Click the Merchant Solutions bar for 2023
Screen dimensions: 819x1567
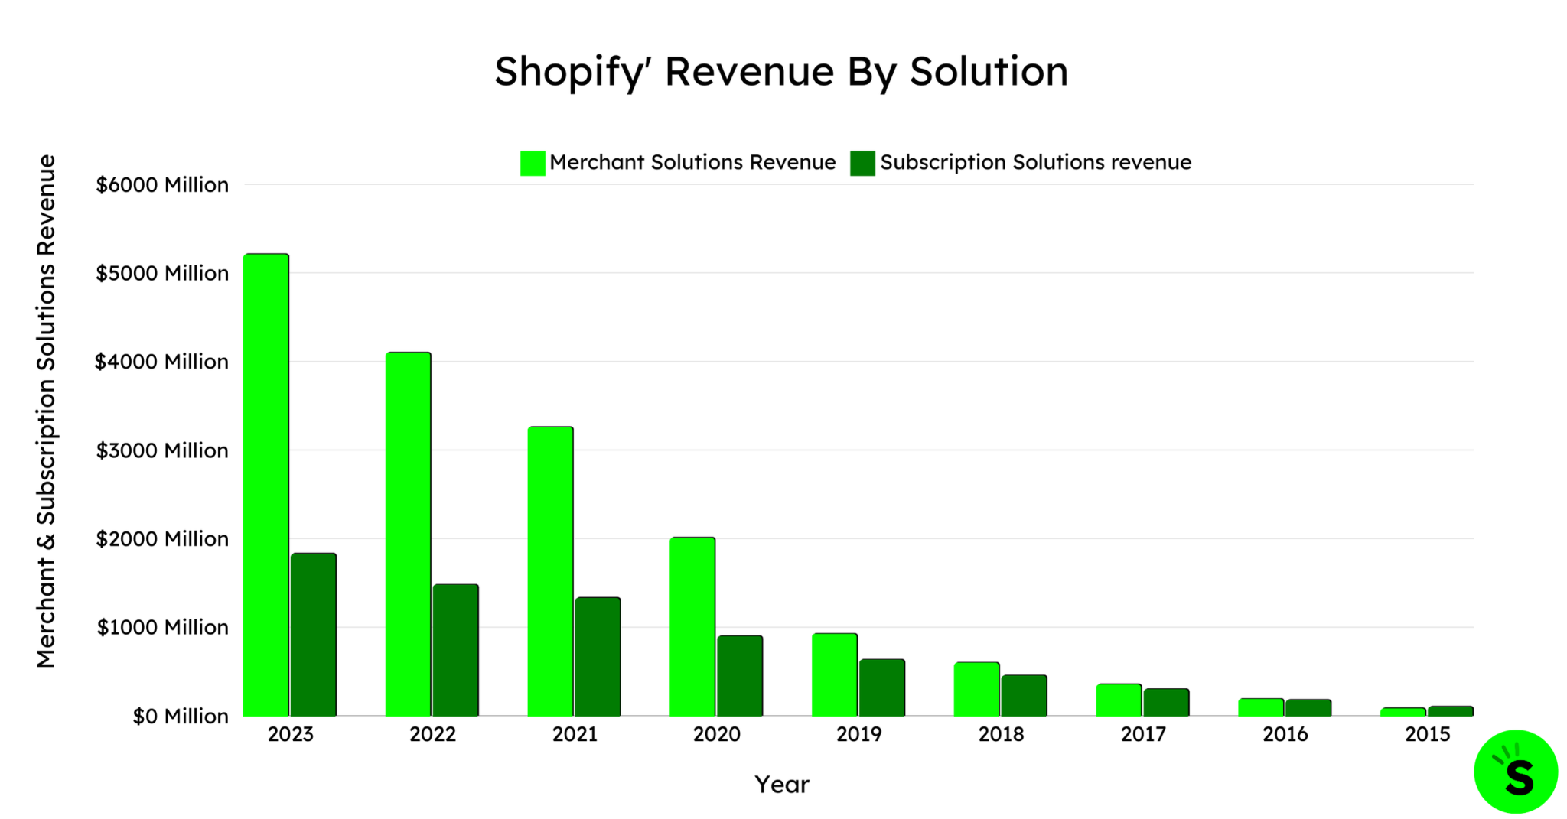[266, 485]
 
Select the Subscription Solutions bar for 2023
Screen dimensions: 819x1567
[314, 635]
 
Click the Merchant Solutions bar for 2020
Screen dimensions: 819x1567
[692, 626]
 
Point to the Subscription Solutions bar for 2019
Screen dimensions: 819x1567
[882, 687]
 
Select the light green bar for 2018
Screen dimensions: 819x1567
[977, 689]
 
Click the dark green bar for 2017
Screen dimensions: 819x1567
[1167, 702]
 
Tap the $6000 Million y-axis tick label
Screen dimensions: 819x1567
[162, 185]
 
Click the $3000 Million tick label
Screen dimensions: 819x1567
[162, 450]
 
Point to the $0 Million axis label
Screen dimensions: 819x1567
[181, 717]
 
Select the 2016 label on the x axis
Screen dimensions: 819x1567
[1285, 735]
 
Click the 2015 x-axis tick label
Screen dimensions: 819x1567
[1428, 735]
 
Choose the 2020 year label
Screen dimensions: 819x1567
[717, 735]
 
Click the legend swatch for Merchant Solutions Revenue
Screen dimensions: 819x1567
[533, 163]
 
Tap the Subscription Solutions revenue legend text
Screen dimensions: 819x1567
[1035, 162]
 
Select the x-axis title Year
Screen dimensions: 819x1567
[782, 785]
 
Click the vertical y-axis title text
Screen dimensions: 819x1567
[47, 411]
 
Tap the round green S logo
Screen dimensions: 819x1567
[1516, 772]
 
